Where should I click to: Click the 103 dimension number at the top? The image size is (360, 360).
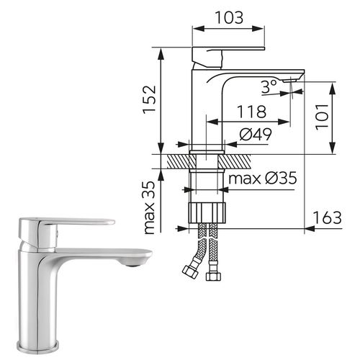click(229, 17)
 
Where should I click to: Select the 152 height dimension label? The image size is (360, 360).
click(150, 99)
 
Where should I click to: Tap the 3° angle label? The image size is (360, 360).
click(269, 86)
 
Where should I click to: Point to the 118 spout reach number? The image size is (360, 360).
click(251, 112)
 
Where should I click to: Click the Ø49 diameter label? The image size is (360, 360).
click(256, 134)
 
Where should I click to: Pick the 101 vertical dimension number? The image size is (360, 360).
click(322, 117)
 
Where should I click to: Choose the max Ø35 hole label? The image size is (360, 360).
click(263, 178)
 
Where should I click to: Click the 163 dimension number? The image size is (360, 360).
click(327, 217)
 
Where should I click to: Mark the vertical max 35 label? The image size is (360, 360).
click(150, 207)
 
